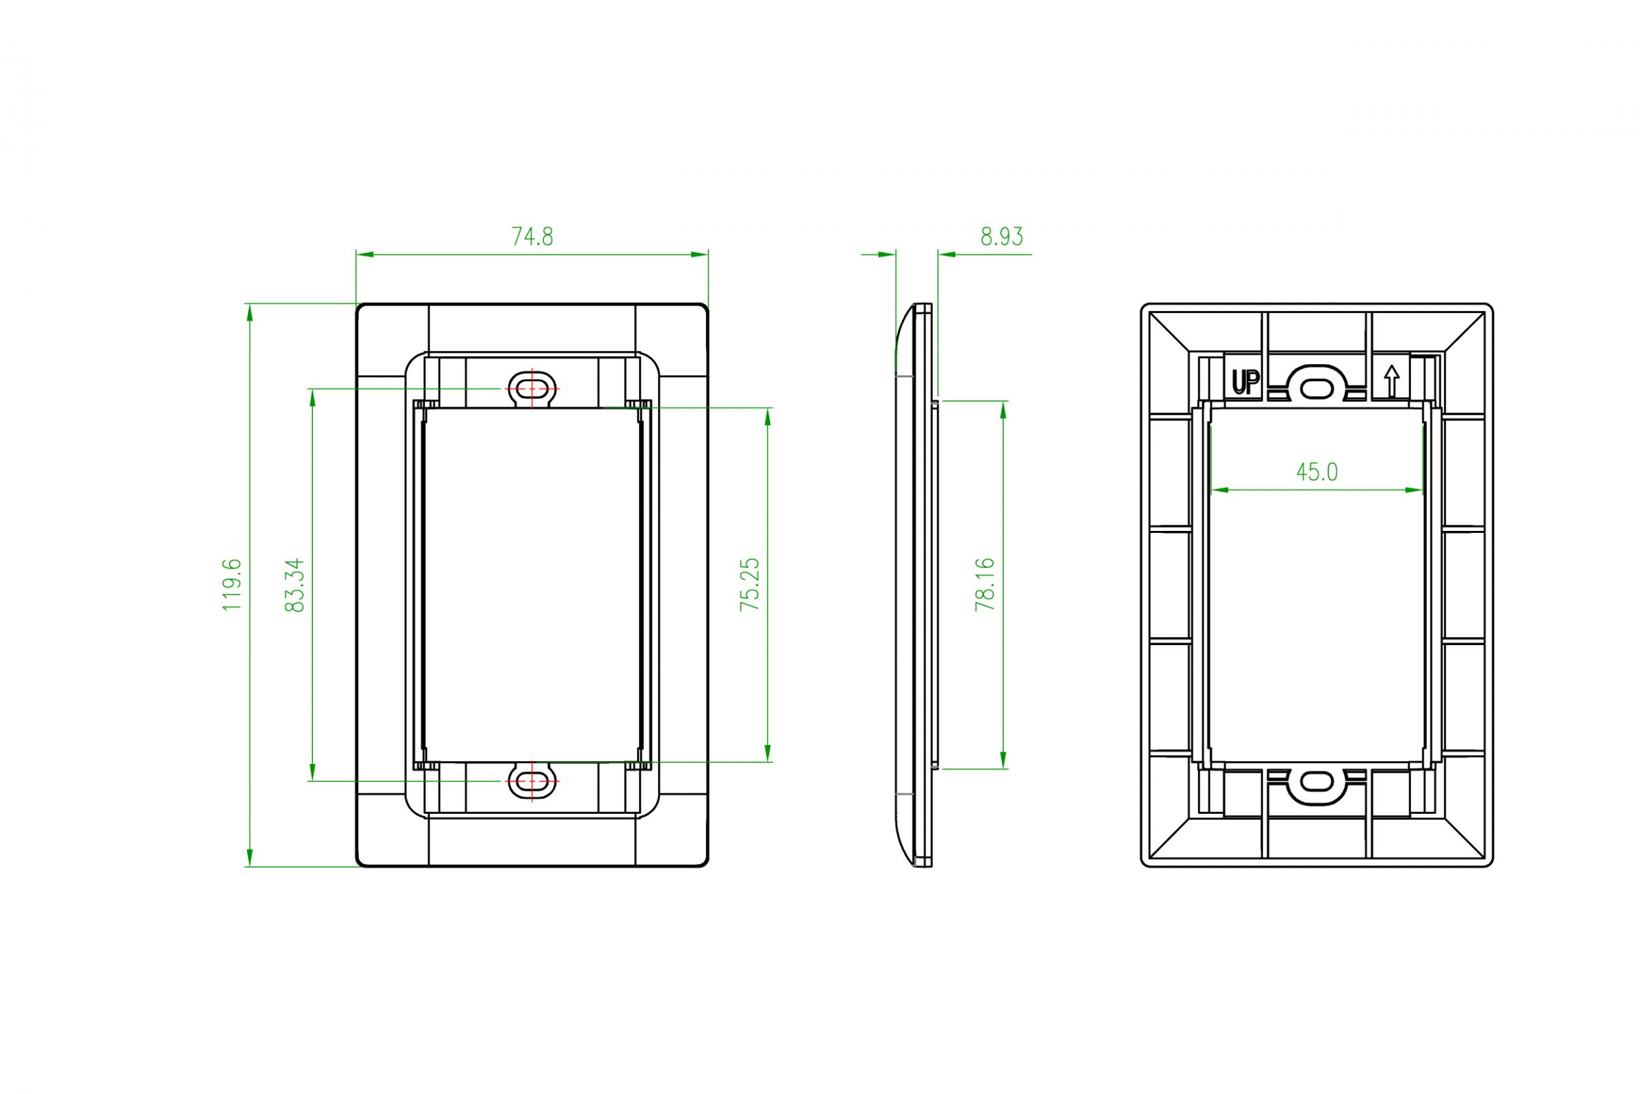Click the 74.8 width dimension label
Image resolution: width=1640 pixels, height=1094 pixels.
[x=532, y=237]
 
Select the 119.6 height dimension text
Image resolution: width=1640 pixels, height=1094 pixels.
[x=232, y=585]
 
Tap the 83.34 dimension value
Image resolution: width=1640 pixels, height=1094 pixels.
[x=295, y=585]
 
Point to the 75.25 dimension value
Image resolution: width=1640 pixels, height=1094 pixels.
[x=749, y=585]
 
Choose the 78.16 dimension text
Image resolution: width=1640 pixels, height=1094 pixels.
[x=984, y=585]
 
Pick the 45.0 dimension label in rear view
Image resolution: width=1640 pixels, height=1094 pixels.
[x=1316, y=472]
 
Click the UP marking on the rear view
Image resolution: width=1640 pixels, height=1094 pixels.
[x=1245, y=383]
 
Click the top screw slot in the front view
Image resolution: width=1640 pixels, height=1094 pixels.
[x=533, y=388]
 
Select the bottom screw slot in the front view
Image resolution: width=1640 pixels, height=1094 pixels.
[x=533, y=781]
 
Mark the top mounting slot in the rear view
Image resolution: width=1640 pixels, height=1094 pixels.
[x=1316, y=388]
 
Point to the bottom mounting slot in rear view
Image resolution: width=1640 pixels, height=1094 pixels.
[x=1316, y=782]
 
